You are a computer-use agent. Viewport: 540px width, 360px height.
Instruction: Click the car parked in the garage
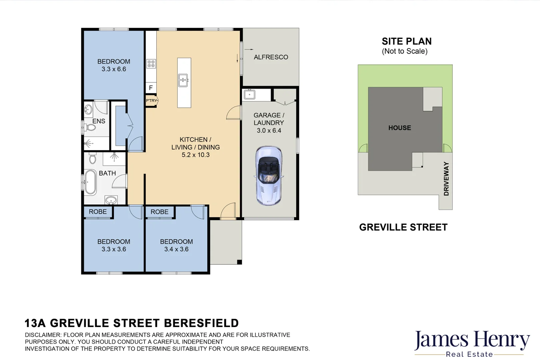[x=269, y=176]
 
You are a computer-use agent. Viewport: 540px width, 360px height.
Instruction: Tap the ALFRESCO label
[x=271, y=57]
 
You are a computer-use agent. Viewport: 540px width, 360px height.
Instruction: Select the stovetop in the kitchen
[x=151, y=64]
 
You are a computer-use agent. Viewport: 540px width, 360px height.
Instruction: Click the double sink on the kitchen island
[x=183, y=80]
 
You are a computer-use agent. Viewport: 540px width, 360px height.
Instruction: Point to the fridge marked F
[x=151, y=88]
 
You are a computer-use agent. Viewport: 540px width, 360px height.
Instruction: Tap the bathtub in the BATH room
[x=90, y=182]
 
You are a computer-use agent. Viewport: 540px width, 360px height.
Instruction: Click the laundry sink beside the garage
[x=250, y=95]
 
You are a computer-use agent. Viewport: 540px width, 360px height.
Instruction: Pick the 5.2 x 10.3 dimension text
[x=196, y=155]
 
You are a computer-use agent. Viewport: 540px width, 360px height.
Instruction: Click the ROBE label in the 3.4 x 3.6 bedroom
[x=160, y=212]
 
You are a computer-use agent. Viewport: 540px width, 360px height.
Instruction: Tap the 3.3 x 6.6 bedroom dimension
[x=114, y=69]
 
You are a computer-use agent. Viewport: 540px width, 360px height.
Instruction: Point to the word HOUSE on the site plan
[x=400, y=128]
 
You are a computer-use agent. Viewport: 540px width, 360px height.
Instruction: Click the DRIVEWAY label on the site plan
[x=446, y=179]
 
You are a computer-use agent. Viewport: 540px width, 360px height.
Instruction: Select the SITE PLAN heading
[x=407, y=41]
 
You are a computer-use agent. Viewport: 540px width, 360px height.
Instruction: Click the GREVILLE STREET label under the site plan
[x=403, y=227]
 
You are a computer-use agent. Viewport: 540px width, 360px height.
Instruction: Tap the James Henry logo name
[x=472, y=340]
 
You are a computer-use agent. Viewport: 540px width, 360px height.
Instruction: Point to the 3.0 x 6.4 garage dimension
[x=269, y=131]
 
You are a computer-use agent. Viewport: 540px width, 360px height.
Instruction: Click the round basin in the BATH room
[x=111, y=200]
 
